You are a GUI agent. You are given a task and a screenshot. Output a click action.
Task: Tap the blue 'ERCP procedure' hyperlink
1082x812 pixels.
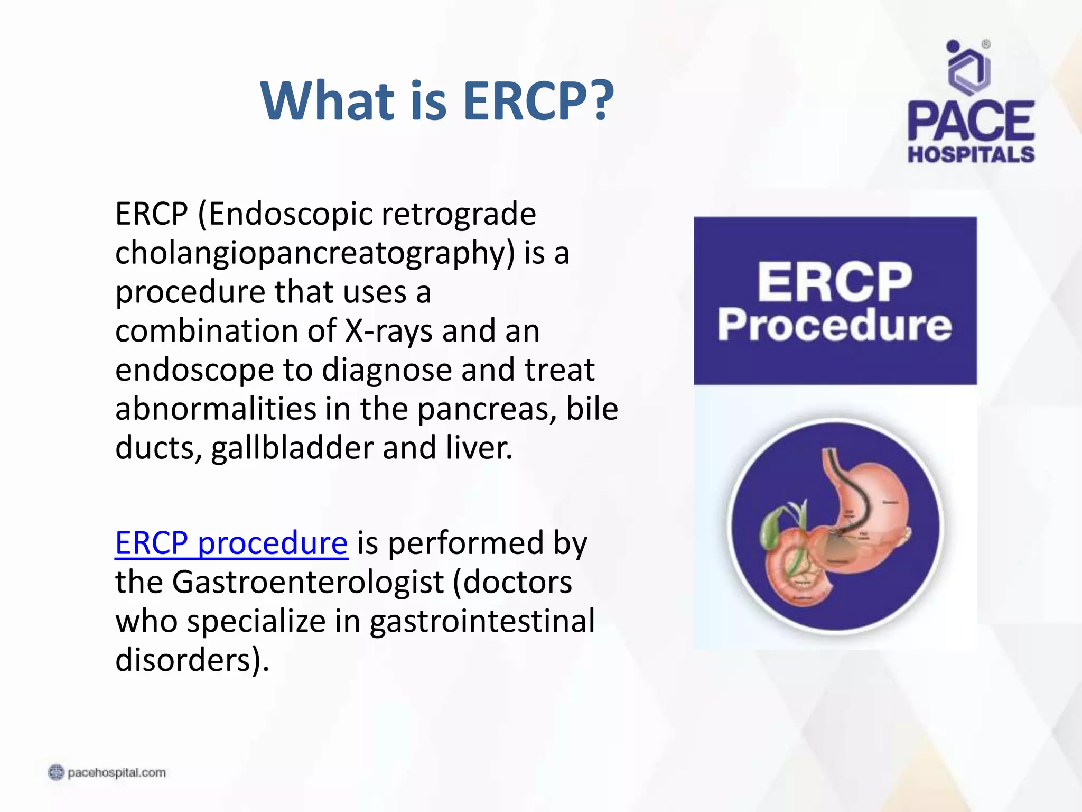point(231,543)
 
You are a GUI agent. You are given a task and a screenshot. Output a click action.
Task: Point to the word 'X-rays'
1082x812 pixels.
point(389,331)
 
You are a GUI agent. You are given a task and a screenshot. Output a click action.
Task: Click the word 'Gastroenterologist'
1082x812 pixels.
point(308,582)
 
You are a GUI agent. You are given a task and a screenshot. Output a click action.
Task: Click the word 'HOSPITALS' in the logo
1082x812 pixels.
point(971,154)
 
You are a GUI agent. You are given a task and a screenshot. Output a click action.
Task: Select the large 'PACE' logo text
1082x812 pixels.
point(971,121)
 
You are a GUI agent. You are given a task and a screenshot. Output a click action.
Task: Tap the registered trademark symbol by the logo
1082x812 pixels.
point(986,44)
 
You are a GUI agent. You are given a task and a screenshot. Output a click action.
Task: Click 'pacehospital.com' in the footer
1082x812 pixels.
point(117,773)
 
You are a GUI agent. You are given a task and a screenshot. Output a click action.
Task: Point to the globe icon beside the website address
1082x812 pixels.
point(56,773)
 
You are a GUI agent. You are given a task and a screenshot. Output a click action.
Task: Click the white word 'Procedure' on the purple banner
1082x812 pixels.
point(835,326)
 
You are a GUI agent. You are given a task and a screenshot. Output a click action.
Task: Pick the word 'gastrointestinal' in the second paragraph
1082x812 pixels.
point(482,621)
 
